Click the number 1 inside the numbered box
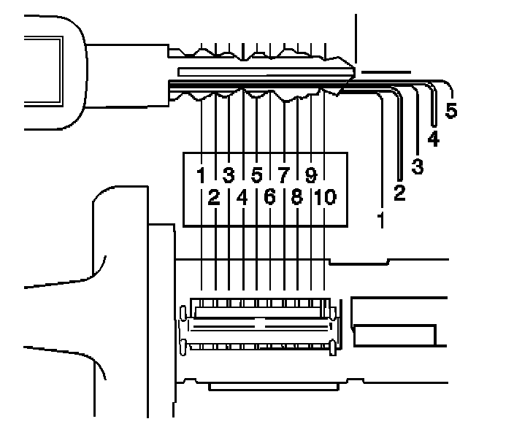point(201,175)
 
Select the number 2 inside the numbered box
point(214,197)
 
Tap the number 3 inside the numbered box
point(229,175)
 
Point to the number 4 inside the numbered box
point(242,197)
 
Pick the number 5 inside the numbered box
point(256,175)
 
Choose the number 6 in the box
point(269,197)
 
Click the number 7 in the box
point(283,175)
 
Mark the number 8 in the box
point(296,197)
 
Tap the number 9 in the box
point(310,175)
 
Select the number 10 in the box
point(325,197)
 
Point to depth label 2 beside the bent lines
point(399,193)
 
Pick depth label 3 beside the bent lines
point(417,166)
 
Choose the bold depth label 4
point(434,139)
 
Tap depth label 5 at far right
point(451,112)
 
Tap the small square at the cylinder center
point(259,322)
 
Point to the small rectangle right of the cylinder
point(394,335)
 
